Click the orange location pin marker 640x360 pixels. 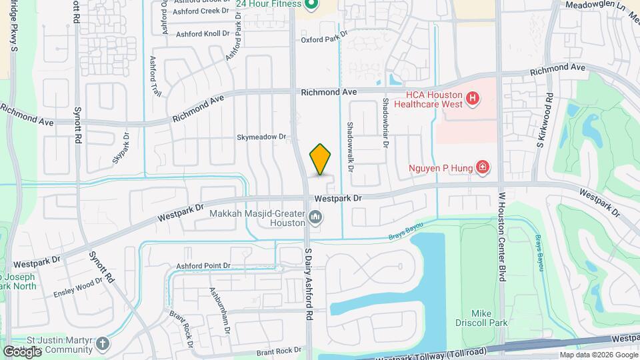321,159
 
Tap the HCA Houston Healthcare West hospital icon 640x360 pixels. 473,99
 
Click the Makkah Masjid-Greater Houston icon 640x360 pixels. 315,217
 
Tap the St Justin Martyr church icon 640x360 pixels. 102,345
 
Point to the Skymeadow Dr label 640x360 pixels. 261,137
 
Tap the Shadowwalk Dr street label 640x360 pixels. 351,145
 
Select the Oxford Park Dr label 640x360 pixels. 325,39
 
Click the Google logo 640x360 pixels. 21,351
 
